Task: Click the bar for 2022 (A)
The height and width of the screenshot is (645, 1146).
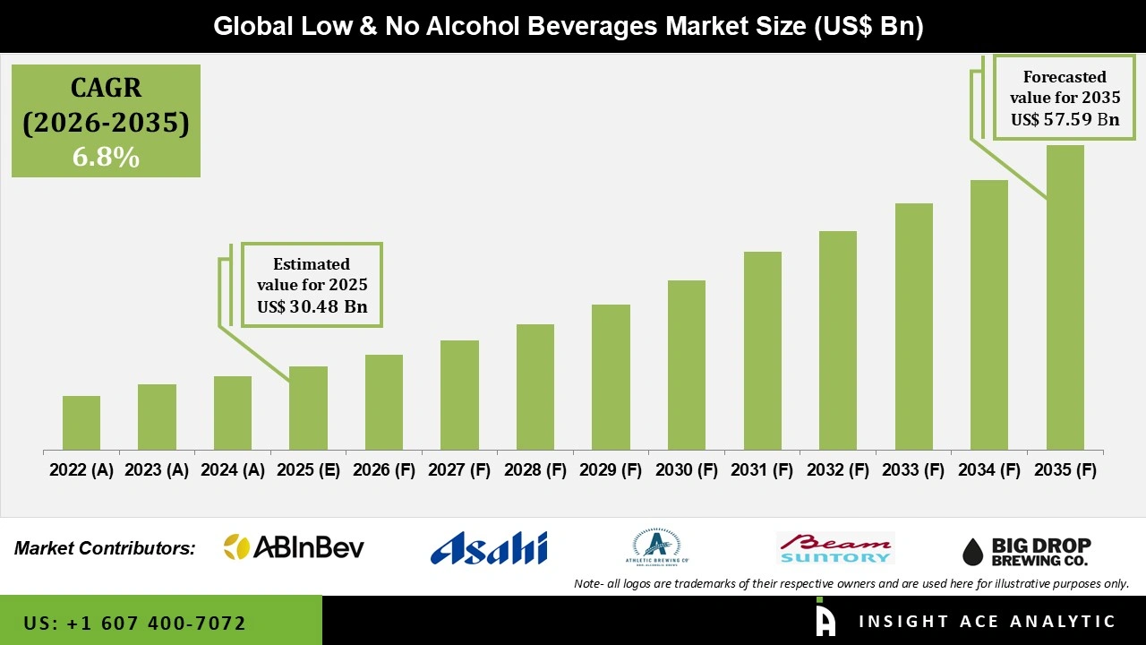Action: tap(81, 423)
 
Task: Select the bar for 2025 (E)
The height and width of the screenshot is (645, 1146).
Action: tap(308, 408)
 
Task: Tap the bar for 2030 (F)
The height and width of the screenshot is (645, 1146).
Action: tap(687, 365)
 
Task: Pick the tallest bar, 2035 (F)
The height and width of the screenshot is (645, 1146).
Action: tap(1065, 297)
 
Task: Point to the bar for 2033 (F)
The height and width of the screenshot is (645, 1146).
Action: tap(914, 326)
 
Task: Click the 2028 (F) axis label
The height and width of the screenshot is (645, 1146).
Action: tap(535, 470)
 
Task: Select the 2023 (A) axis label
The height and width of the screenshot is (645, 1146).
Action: tap(157, 470)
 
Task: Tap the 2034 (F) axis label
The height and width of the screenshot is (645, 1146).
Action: tap(989, 470)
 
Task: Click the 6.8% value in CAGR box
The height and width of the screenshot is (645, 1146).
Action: tap(106, 158)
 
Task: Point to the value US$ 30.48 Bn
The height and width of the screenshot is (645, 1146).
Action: tap(312, 307)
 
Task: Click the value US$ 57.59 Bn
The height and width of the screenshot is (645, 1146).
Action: tap(1065, 118)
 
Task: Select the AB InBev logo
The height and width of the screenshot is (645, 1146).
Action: tap(294, 547)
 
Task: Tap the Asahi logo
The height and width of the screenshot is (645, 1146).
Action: tap(489, 547)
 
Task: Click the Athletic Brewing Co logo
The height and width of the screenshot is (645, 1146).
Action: tap(656, 547)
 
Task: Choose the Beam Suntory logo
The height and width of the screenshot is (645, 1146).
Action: tap(835, 547)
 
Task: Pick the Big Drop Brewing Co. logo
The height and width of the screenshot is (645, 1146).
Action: tap(1027, 551)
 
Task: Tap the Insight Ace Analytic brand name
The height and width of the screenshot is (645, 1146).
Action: tap(987, 622)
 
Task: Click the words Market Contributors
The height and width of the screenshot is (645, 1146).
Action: tap(105, 548)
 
